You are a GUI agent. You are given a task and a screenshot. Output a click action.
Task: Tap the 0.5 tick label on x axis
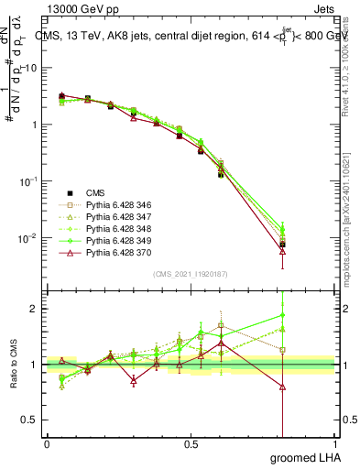pos(191,444)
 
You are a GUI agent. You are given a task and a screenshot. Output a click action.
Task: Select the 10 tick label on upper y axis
pos(31,69)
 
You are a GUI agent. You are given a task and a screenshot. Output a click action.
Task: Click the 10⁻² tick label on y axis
pos(27,239)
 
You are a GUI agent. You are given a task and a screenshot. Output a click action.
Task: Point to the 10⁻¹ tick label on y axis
pos(27,182)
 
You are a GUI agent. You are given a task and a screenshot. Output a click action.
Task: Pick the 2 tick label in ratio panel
pos(34,309)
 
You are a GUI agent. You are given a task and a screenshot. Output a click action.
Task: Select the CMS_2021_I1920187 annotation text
pos(190,274)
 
